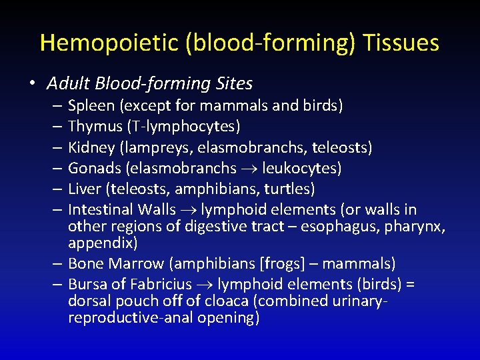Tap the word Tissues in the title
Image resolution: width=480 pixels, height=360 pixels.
click(402, 43)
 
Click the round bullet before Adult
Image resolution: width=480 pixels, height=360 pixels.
click(31, 84)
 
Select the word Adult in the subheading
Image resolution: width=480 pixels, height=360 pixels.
click(69, 84)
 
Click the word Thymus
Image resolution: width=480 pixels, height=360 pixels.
click(94, 126)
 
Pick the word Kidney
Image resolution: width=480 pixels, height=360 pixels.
click(91, 147)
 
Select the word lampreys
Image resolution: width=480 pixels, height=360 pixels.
click(155, 147)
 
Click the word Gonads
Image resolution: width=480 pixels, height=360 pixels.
click(92, 168)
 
